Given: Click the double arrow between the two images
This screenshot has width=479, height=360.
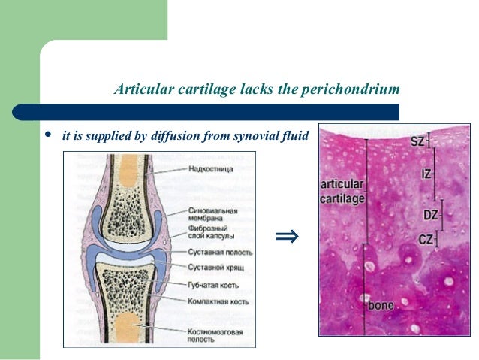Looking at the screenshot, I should [287, 238].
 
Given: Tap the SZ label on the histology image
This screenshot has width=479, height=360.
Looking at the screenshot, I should [417, 141].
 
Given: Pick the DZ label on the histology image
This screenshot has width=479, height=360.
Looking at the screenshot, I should [430, 215].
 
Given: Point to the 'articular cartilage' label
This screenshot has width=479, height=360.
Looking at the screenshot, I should [342, 191].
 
